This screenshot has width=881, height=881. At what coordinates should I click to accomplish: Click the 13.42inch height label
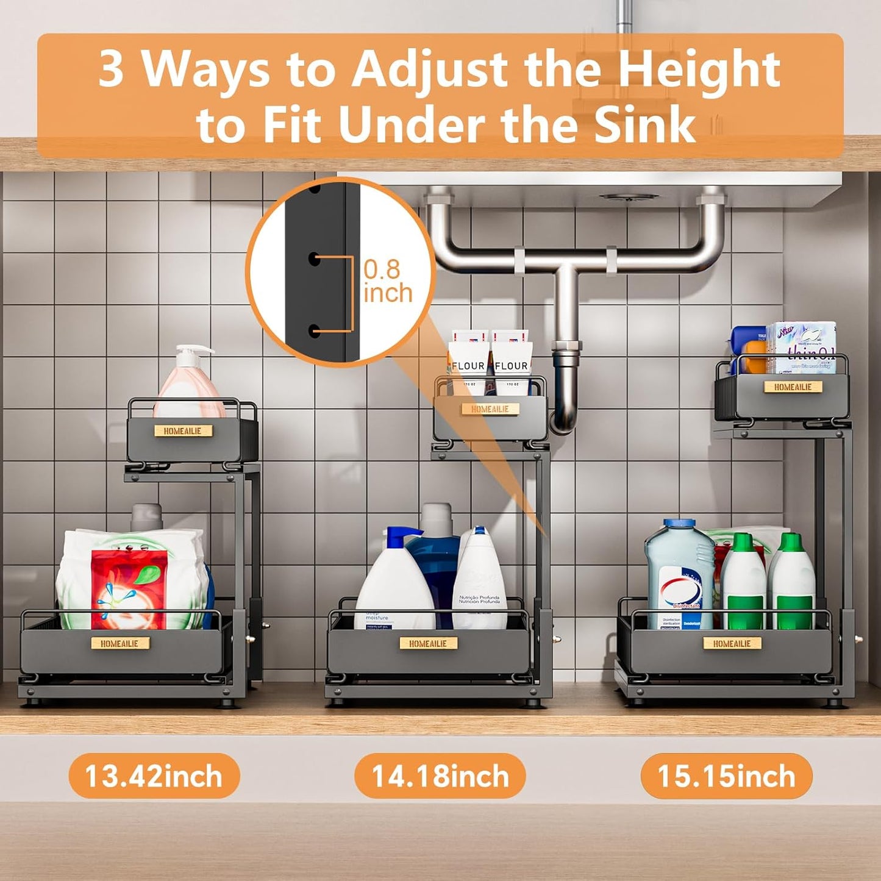(154, 776)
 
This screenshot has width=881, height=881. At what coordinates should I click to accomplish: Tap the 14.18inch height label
(440, 776)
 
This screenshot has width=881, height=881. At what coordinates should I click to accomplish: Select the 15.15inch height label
(726, 776)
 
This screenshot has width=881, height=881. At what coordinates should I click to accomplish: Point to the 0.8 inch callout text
(387, 281)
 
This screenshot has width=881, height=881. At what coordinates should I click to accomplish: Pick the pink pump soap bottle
(188, 384)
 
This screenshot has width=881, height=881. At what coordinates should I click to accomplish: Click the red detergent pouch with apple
(129, 588)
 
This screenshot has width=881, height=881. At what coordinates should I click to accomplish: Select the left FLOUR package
(468, 360)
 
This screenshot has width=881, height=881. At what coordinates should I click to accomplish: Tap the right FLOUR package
(511, 360)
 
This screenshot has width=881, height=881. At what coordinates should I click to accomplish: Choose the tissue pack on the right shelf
(802, 348)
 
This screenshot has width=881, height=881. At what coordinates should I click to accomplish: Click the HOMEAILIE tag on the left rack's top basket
(182, 431)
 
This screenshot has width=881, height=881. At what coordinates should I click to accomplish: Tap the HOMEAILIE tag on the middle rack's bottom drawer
(428, 643)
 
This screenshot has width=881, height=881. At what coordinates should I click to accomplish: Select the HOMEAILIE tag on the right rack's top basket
(793, 387)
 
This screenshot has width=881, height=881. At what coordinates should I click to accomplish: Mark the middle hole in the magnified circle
(315, 258)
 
